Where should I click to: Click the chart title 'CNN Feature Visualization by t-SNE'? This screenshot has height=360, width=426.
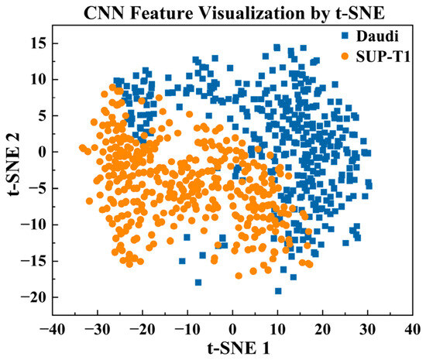[x=234, y=12]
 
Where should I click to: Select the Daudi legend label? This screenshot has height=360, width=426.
[x=377, y=36]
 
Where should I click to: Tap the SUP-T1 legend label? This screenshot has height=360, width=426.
[x=383, y=57]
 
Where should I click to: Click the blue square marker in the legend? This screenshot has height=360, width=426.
[x=345, y=36]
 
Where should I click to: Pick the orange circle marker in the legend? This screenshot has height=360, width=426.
[x=345, y=57]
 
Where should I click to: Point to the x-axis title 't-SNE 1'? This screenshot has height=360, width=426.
[x=239, y=348]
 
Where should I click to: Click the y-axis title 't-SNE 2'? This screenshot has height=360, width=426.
[x=14, y=164]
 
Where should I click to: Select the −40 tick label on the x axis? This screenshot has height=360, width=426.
[x=53, y=330]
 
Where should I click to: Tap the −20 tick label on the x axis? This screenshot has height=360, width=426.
[x=143, y=330]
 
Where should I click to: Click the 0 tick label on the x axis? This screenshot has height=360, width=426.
[x=232, y=330]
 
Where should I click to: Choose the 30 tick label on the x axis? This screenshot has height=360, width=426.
[x=368, y=330]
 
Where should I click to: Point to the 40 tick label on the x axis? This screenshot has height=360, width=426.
[x=412, y=330]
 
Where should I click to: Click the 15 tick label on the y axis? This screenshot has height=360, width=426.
[x=38, y=43]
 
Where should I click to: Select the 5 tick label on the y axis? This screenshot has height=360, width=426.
[x=42, y=115]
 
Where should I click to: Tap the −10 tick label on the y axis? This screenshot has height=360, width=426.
[x=34, y=225]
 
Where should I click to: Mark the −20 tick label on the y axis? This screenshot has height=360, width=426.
[x=34, y=297]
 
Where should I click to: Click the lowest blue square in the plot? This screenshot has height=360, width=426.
[x=278, y=291]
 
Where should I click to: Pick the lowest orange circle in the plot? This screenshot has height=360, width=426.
[x=239, y=276]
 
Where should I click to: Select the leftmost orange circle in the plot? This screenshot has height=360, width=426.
[x=83, y=148]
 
